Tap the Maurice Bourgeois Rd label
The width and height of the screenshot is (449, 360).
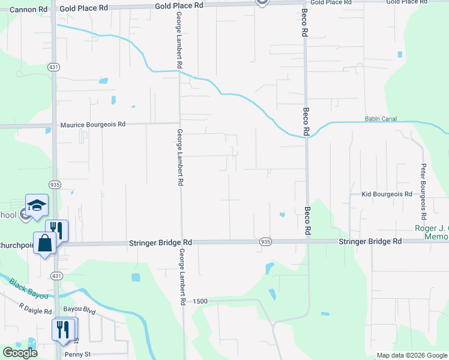(x=93, y=125)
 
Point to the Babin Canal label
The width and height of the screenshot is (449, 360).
(x=381, y=119)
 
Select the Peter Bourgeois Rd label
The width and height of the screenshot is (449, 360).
(x=423, y=191)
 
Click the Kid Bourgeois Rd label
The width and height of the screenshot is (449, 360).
(x=387, y=194)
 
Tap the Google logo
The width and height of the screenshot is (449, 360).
(x=20, y=353)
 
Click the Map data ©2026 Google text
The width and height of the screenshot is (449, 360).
(x=412, y=355)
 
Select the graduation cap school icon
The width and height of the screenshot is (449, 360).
(x=36, y=205)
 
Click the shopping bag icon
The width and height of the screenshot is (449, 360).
(x=44, y=243)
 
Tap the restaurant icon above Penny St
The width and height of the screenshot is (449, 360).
(x=64, y=329)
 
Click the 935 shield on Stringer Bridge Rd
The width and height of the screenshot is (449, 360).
(x=265, y=242)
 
